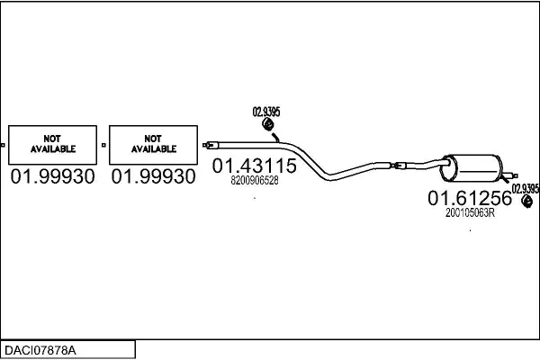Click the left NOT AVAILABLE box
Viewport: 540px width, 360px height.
[53, 144]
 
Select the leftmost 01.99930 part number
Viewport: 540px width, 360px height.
[53, 177]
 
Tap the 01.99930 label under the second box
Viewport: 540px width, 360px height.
[154, 177]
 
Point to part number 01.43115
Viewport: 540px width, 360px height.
[254, 166]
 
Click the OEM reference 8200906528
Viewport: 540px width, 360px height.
[255, 181]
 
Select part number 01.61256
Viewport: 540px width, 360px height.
[469, 199]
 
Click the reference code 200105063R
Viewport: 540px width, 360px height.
[471, 213]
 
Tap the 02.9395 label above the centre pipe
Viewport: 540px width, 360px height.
[266, 112]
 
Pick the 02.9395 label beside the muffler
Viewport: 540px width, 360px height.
[526, 188]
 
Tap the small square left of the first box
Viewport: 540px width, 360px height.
[4, 144]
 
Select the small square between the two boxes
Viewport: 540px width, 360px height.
[104, 144]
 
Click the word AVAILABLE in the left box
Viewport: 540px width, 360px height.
[53, 148]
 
